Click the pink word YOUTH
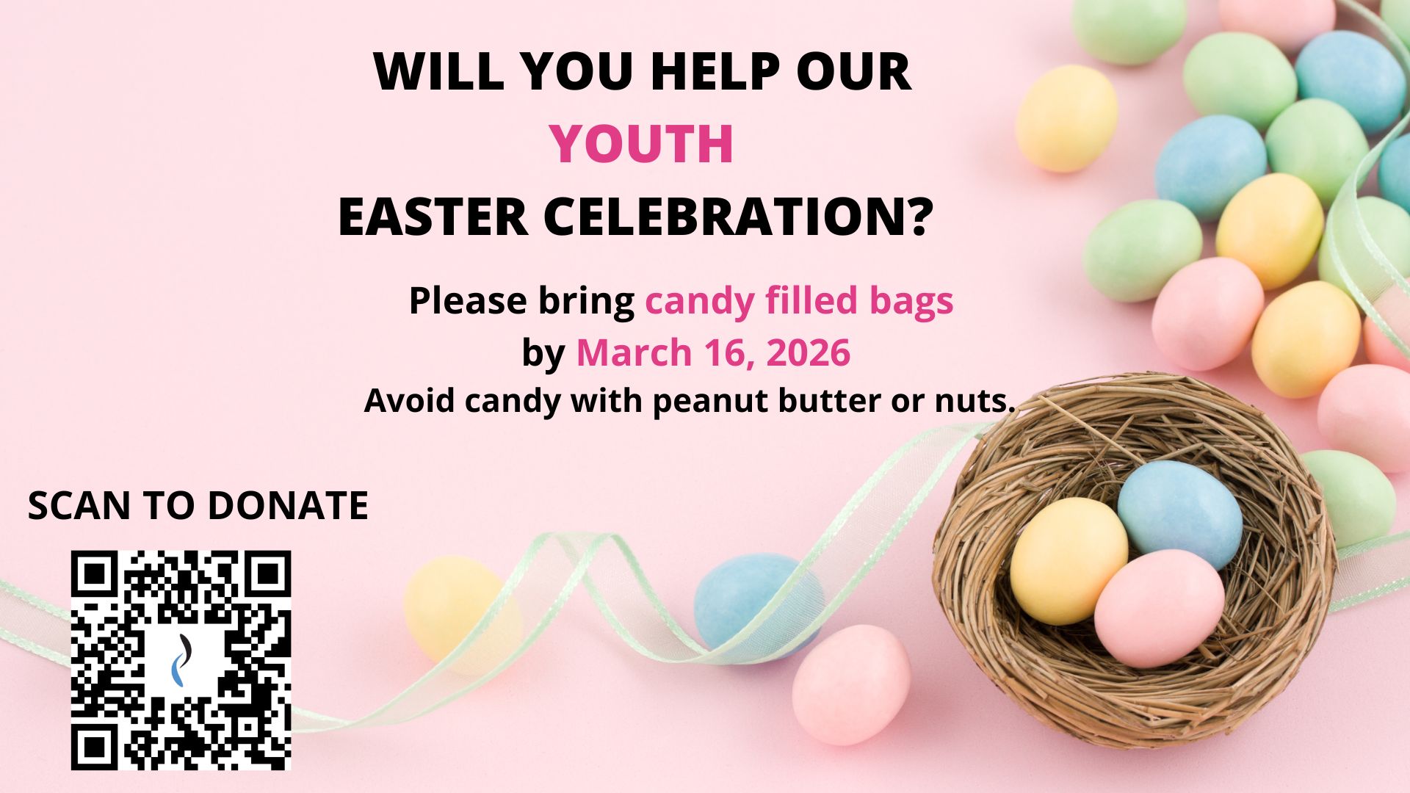tap(642, 144)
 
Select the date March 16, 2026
tap(713, 352)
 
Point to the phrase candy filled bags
tap(799, 302)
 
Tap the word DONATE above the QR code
tap(287, 505)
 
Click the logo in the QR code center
tap(181, 659)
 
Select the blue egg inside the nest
tap(1180, 514)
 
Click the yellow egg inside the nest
tap(1069, 561)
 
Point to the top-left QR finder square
tap(94, 573)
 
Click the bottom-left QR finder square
tap(94, 747)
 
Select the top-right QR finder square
tap(268, 573)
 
